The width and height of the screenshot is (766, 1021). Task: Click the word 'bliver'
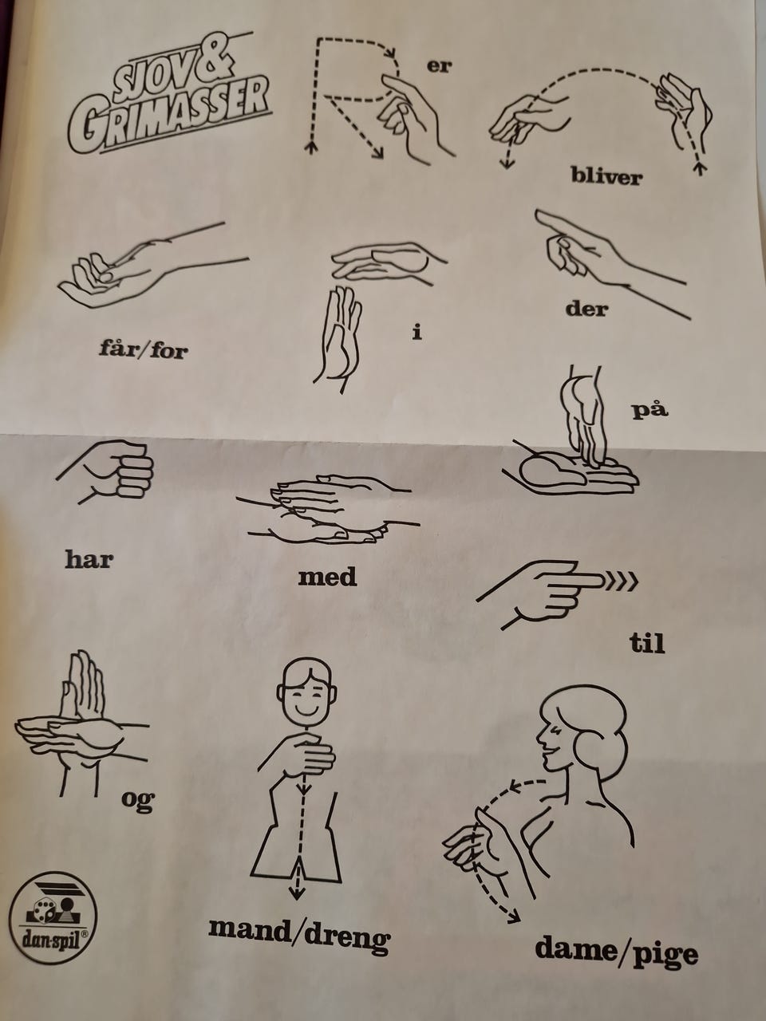tap(606, 176)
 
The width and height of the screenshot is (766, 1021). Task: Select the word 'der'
tap(587, 309)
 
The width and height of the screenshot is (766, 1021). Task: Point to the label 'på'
tap(650, 409)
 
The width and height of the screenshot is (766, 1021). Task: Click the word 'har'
tap(89, 559)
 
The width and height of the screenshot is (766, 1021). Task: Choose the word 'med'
tap(327, 577)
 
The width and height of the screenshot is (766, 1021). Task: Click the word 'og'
tap(138, 801)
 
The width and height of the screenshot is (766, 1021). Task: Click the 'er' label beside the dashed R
tap(439, 66)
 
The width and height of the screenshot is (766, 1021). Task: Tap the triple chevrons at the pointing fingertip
tap(622, 581)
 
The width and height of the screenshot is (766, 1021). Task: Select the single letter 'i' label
tap(417, 333)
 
